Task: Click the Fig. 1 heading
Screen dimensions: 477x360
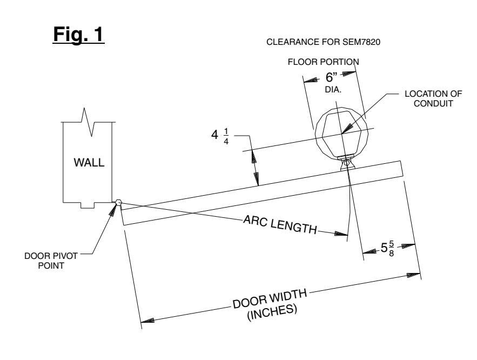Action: [78, 35]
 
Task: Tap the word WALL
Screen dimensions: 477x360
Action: [89, 163]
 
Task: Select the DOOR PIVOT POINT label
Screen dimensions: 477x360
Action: [51, 261]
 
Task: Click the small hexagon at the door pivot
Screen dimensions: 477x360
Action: [118, 202]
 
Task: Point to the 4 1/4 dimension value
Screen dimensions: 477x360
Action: [220, 136]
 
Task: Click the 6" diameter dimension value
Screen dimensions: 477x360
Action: [332, 77]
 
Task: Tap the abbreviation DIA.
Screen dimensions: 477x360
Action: [333, 90]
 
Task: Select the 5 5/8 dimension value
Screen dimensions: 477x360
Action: [387, 248]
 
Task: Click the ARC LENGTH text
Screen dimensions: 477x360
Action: [280, 224]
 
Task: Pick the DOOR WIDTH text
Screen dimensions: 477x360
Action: [270, 298]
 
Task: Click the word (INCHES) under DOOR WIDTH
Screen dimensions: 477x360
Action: [272, 312]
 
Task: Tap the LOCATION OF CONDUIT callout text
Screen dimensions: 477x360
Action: [433, 98]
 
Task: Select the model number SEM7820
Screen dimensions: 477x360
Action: [361, 42]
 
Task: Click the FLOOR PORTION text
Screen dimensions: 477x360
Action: [324, 62]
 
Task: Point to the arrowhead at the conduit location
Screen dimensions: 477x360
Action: [347, 129]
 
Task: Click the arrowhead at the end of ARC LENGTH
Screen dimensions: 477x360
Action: [341, 234]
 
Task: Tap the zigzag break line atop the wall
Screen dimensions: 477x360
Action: [88, 122]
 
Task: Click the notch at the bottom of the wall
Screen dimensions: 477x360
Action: [88, 205]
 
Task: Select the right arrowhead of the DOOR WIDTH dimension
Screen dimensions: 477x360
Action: [414, 275]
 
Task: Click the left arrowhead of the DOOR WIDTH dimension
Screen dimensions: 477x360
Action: [147, 320]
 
